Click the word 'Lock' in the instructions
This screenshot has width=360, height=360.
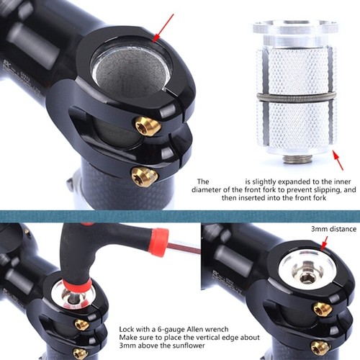click(x=129, y=328)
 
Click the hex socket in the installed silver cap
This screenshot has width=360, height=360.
click(x=307, y=277)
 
